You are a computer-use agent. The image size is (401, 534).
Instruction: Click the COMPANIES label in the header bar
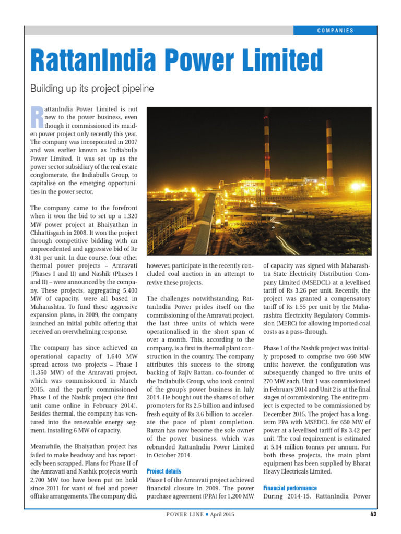click(335, 30)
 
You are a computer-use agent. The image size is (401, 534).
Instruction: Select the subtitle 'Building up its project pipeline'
click(92, 89)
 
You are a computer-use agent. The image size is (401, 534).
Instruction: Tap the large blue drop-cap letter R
click(37, 117)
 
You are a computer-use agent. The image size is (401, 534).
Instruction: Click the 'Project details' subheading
click(164, 471)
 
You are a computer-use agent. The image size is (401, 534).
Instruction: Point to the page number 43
click(373, 514)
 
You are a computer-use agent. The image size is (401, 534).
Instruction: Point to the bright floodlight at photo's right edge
click(357, 186)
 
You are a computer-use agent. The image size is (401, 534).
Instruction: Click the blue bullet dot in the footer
click(207, 515)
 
